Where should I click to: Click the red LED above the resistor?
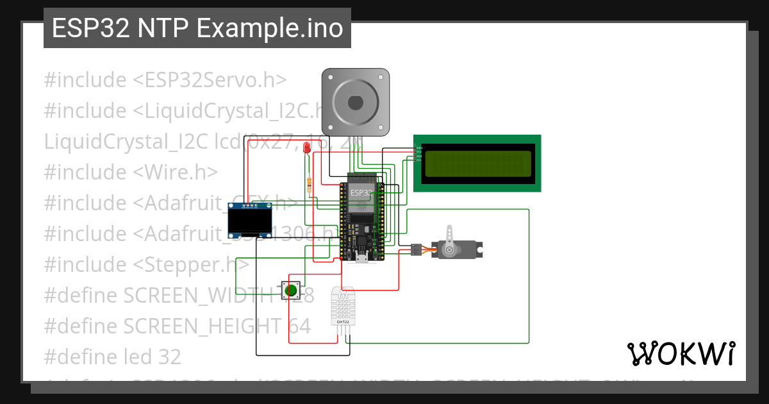point(307,148)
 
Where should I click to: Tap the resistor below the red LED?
point(311,185)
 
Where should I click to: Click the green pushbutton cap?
point(292,289)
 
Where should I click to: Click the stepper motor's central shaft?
point(355,103)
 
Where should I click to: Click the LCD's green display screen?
point(477,163)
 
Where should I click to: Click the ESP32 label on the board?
point(360,192)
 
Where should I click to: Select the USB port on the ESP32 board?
point(361,258)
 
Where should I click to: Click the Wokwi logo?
point(681,353)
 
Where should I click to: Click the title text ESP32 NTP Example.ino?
point(197,28)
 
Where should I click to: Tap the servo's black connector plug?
point(416,249)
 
